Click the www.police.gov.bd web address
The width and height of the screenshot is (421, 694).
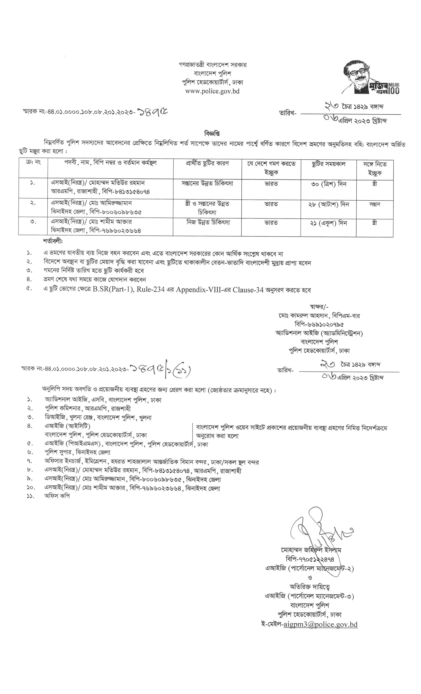pos(213,91)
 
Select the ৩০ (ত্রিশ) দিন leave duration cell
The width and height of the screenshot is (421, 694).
pos(328,184)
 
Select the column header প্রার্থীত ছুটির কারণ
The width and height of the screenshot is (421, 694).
pos(207,164)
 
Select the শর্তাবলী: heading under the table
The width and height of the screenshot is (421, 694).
pos(53,242)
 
